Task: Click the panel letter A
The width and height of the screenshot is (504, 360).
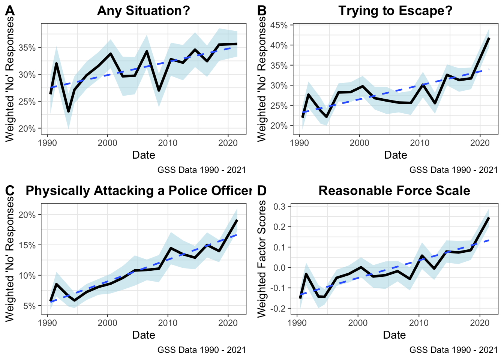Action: click(10, 11)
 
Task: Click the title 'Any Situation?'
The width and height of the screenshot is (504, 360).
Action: click(144, 10)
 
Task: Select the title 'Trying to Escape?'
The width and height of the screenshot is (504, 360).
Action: click(395, 10)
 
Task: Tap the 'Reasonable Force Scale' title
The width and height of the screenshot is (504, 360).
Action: click(394, 190)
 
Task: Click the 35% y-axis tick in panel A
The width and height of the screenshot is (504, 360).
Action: click(27, 48)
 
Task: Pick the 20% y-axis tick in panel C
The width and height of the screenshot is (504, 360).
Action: click(27, 215)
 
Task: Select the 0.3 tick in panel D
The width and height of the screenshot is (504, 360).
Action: click(280, 207)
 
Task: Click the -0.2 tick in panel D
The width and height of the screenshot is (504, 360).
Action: click(278, 308)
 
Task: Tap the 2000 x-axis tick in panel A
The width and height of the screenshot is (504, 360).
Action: click(108, 143)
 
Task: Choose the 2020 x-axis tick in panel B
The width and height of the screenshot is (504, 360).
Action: click(480, 143)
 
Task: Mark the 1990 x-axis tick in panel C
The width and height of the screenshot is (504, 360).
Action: click(47, 323)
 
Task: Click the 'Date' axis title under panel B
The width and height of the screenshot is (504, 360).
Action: click(395, 155)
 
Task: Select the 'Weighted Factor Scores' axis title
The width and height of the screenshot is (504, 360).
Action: click(262, 259)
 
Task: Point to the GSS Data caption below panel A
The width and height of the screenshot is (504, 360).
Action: click(201, 170)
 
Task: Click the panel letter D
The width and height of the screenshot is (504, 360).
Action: click(262, 191)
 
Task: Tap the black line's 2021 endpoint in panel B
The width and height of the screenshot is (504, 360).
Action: click(489, 38)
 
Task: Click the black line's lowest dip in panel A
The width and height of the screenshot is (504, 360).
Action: click(69, 111)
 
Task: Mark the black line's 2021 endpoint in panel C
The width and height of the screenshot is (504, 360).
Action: click(237, 220)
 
